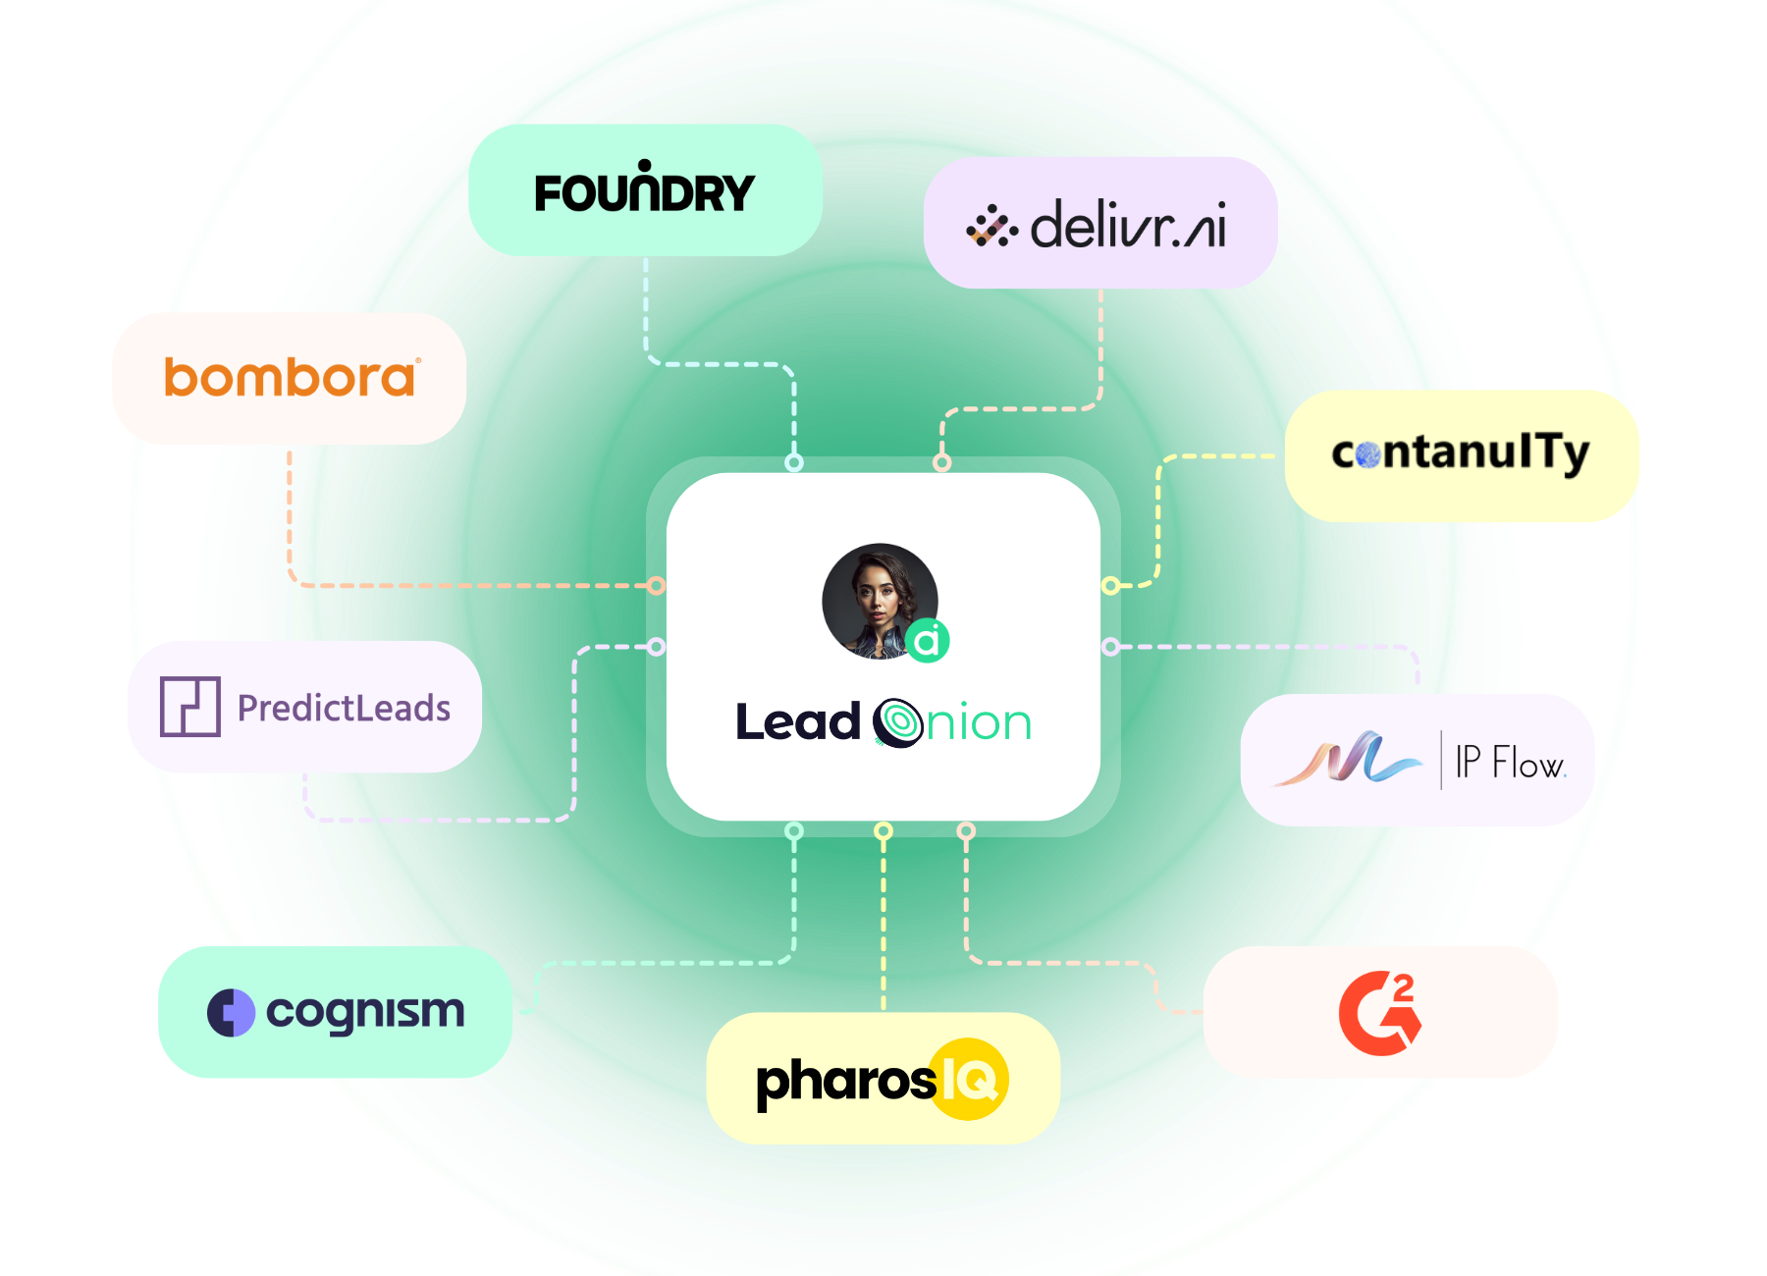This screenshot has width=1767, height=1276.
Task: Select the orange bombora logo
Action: coord(291,378)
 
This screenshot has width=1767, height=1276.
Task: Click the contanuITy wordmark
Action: coord(1460,452)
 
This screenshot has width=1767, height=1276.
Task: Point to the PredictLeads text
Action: coord(344,708)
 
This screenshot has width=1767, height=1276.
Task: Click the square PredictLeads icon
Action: coord(189,707)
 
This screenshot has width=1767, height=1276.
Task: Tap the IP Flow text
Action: coord(1510,762)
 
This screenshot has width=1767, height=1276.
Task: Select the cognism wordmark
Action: coord(365,1012)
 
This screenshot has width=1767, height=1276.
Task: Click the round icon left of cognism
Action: coord(232,1013)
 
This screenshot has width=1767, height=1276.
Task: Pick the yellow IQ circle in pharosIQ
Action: coord(969,1079)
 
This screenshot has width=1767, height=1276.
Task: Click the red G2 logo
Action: coord(1380,1013)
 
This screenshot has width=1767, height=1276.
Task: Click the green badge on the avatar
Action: coord(927,641)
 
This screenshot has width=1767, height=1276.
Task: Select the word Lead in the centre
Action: coord(797,722)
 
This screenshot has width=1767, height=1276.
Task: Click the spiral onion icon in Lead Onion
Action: coord(897,723)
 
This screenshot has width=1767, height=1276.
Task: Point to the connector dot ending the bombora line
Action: coord(656,586)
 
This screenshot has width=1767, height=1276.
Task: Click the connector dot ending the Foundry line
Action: coord(794,462)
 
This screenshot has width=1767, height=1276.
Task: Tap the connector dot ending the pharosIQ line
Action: coord(883,831)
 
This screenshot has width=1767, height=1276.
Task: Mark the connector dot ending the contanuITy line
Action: coord(1110,586)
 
